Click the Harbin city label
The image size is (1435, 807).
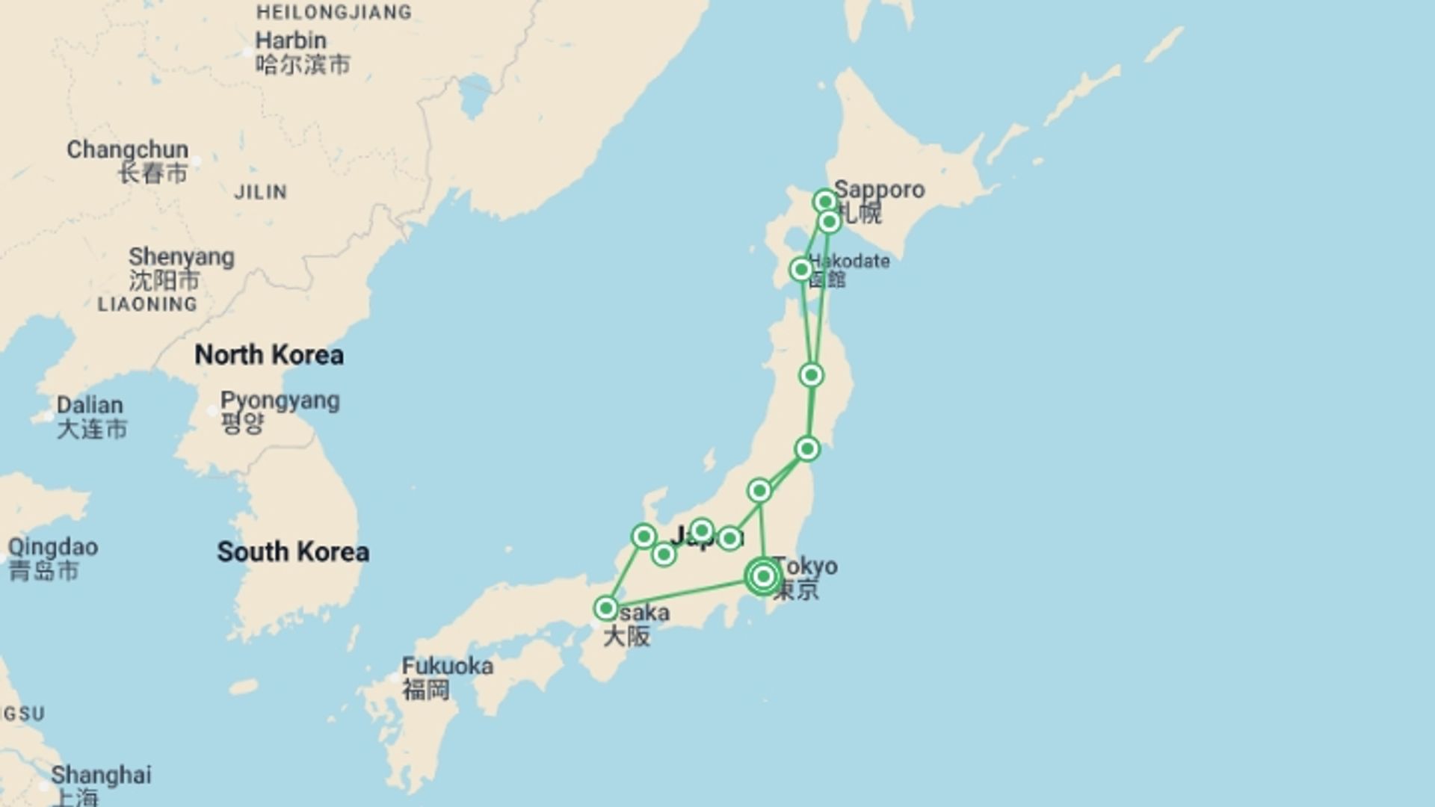(x=291, y=41)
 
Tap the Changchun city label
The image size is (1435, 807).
(x=127, y=150)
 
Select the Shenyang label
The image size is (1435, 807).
(x=181, y=258)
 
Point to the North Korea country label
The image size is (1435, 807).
(x=269, y=355)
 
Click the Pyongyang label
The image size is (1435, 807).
(x=280, y=401)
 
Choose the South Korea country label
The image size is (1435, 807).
(x=293, y=552)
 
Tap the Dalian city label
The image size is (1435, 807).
(x=90, y=406)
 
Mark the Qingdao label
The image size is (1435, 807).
(x=52, y=548)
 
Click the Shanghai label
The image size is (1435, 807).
(x=101, y=776)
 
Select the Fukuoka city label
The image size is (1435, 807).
(x=447, y=667)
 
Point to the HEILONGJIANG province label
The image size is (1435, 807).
(x=333, y=13)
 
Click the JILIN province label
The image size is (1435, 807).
(x=260, y=193)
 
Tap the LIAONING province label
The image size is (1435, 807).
(x=147, y=305)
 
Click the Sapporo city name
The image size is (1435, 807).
(x=879, y=190)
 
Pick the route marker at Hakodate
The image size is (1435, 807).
(x=801, y=269)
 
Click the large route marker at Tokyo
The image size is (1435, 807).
(x=763, y=576)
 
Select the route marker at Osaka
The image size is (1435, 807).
(x=606, y=608)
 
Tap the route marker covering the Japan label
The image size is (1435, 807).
(x=701, y=531)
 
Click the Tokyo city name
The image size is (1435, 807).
(x=806, y=566)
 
